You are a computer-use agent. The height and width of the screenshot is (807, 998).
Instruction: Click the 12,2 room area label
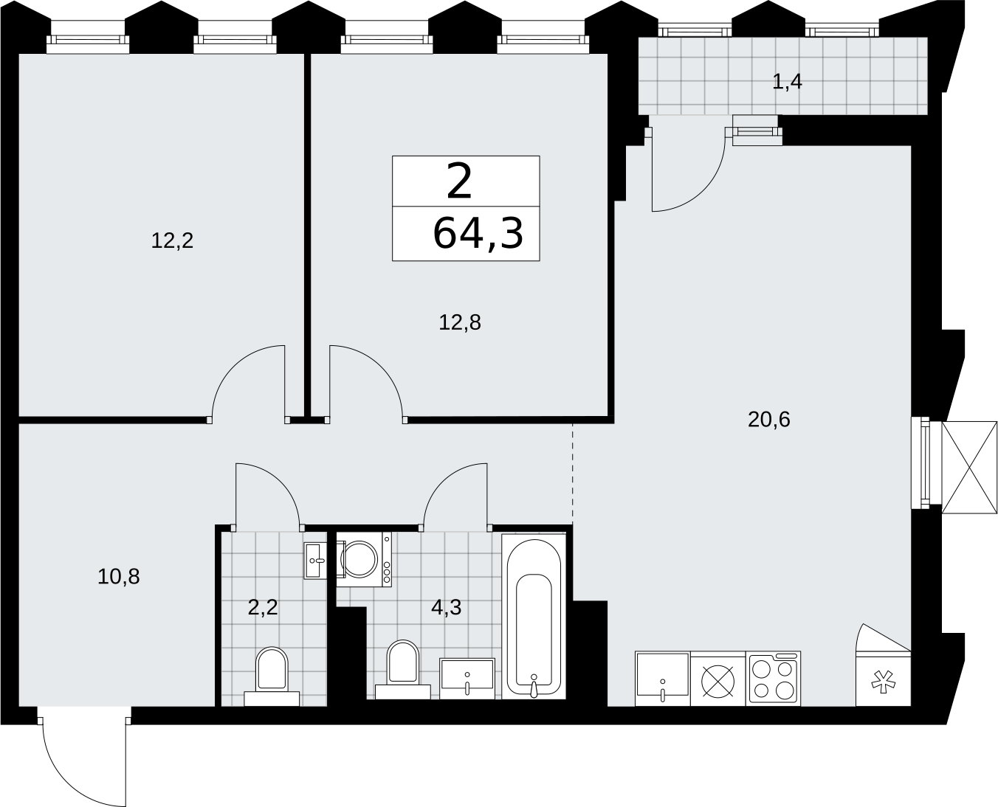click(172, 241)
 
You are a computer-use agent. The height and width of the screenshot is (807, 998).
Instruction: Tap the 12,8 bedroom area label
click(460, 322)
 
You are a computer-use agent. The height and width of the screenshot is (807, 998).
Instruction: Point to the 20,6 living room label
click(769, 420)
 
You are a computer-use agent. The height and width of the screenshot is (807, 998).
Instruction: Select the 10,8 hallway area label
click(119, 577)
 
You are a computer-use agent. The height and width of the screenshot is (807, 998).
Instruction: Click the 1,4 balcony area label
click(787, 82)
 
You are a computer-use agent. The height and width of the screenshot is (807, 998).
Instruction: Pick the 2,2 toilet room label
click(263, 608)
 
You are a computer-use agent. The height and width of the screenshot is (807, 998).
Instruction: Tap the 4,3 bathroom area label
click(447, 608)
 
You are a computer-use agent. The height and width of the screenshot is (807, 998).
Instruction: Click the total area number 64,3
click(478, 234)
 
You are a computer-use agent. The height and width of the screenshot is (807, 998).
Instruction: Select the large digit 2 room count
click(459, 181)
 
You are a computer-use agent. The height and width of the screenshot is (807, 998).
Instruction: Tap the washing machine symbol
click(364, 559)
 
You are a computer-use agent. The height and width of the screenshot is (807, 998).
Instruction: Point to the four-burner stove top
click(773, 678)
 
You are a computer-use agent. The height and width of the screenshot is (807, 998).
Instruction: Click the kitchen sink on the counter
click(663, 678)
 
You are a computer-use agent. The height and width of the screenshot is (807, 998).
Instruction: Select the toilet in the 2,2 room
click(272, 676)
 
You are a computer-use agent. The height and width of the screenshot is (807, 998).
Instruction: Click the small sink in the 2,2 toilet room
click(315, 561)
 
